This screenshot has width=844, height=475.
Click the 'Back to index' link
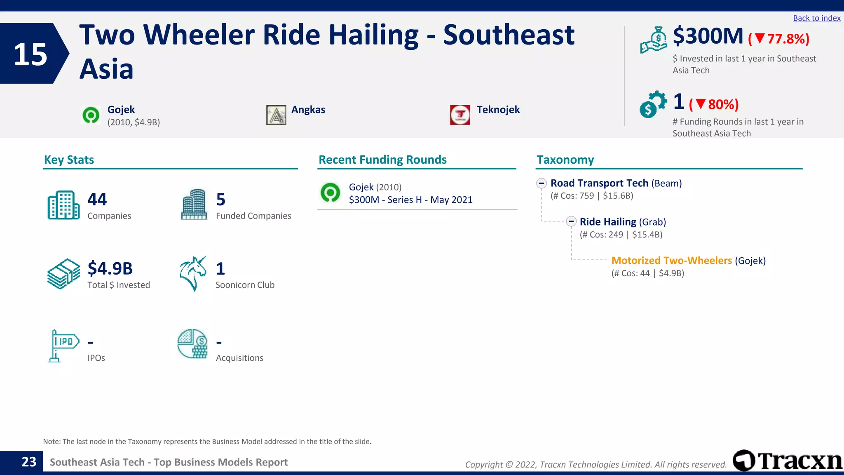[x=816, y=18]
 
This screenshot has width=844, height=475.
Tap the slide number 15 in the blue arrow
[x=30, y=54]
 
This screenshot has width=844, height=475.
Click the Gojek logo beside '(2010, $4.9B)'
[x=91, y=115]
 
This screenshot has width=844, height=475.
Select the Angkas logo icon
[x=276, y=115]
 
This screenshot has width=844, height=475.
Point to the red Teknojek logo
[x=460, y=115]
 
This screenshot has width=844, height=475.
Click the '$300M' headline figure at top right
[x=708, y=36]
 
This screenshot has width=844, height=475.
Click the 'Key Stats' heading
[x=69, y=160]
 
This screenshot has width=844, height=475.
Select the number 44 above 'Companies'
[x=97, y=200]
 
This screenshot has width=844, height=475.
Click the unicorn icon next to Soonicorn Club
[x=193, y=273]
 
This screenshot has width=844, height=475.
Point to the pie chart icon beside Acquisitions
[x=192, y=344]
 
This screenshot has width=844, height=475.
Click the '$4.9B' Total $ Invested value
[x=110, y=268]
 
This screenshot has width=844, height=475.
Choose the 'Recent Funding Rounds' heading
[x=382, y=160]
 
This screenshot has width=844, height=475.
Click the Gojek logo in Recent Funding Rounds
[x=331, y=193]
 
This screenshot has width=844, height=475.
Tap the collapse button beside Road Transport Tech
[x=542, y=183]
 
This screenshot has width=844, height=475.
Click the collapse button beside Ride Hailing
[x=571, y=222]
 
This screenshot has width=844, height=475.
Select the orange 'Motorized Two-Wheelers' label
[x=671, y=261]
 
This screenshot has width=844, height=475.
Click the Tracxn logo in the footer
[x=787, y=460]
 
